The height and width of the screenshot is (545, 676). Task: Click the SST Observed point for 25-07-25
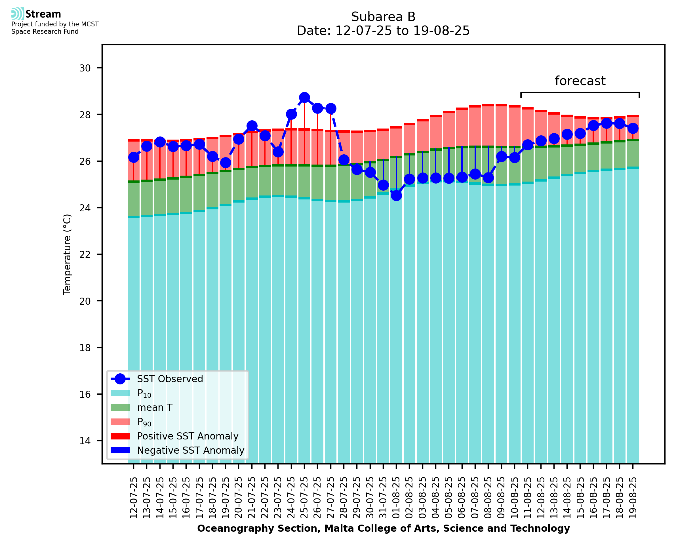[304, 98]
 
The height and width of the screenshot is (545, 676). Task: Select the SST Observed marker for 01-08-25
[396, 195]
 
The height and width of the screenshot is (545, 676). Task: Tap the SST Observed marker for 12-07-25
[134, 157]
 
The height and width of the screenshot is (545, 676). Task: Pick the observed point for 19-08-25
[633, 129]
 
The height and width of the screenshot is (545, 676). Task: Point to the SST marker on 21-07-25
[252, 126]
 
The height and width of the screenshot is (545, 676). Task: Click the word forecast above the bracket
[580, 81]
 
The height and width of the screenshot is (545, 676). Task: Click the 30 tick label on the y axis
[85, 68]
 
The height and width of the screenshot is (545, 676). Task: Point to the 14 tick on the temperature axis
[85, 441]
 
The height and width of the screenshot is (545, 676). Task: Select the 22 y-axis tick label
[85, 254]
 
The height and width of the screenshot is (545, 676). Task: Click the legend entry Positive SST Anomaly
[188, 436]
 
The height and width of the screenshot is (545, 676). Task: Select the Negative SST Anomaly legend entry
[191, 450]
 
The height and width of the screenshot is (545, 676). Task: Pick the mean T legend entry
[155, 407]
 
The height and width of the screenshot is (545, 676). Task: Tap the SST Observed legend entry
[170, 379]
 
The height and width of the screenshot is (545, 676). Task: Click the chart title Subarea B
[383, 17]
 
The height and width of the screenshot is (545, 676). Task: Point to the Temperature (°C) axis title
[67, 254]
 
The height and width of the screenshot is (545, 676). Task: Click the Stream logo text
[43, 14]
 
